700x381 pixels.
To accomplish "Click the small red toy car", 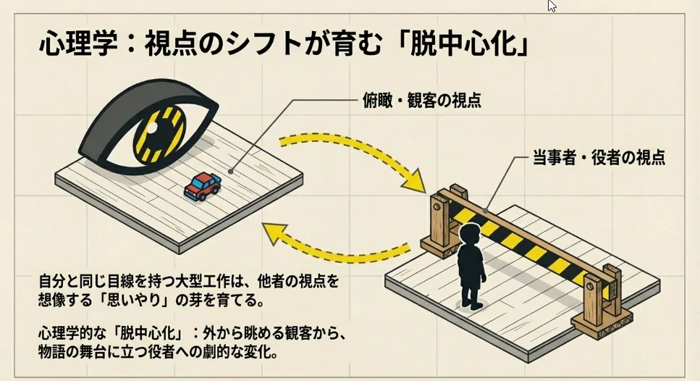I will [203, 186].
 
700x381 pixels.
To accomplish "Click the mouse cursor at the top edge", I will [552, 6].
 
